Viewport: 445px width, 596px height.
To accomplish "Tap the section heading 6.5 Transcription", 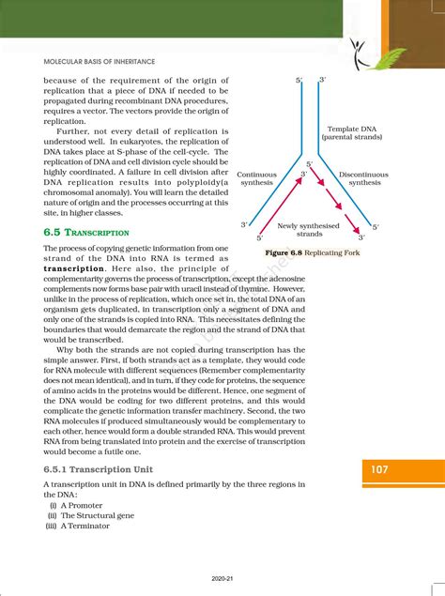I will click(x=86, y=231).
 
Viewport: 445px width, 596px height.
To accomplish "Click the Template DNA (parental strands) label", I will click(x=351, y=133).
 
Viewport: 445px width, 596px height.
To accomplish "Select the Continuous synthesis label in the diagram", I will click(x=256, y=179).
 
